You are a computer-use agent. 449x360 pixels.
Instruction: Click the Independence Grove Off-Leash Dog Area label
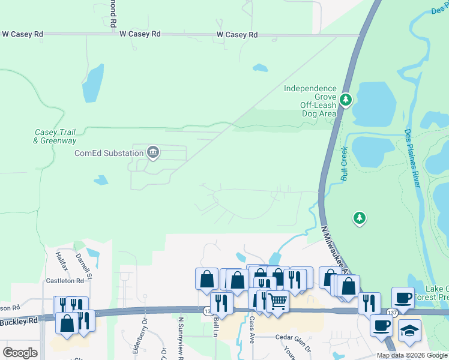click(310, 101)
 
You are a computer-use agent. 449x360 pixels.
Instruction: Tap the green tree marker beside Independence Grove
click(345, 99)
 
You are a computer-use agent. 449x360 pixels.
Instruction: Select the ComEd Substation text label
click(109, 153)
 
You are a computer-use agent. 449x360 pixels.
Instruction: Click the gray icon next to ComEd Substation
click(153, 152)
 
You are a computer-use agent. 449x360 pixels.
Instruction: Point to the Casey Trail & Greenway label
click(55, 136)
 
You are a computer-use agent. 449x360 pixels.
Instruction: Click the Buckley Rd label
click(19, 320)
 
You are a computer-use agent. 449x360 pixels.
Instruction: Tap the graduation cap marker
click(410, 331)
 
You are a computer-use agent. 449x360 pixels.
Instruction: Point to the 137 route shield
click(392, 313)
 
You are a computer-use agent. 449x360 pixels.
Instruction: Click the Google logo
click(20, 353)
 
